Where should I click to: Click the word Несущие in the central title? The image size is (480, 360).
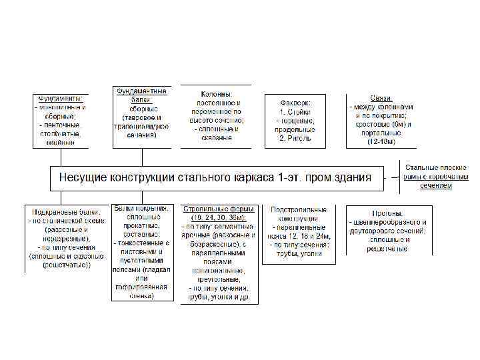point(84,178)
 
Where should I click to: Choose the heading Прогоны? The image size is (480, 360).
point(386,213)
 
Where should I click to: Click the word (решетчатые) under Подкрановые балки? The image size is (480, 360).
point(64,265)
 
